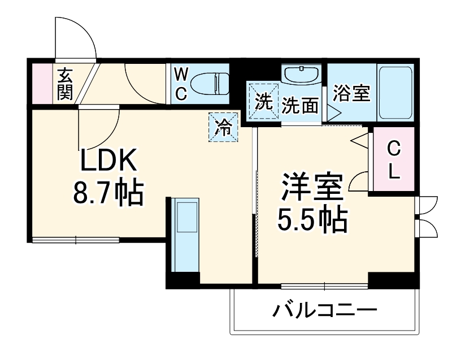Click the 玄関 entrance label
pos(65,83)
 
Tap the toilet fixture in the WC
pos(209,84)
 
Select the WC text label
pos(180,84)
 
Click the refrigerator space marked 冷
pos(224,127)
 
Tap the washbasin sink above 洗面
pos(302,76)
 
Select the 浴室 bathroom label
pos(351,93)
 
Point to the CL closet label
pos(393,161)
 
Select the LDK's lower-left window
pos(76,240)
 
